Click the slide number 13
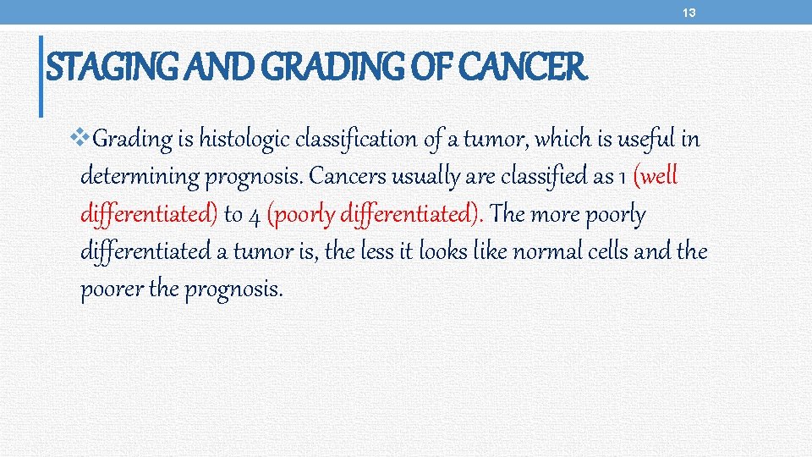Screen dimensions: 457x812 690,12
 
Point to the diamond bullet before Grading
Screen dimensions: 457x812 81,135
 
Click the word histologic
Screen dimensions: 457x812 250,139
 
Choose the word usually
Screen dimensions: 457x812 425,177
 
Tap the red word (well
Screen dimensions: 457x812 656,176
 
